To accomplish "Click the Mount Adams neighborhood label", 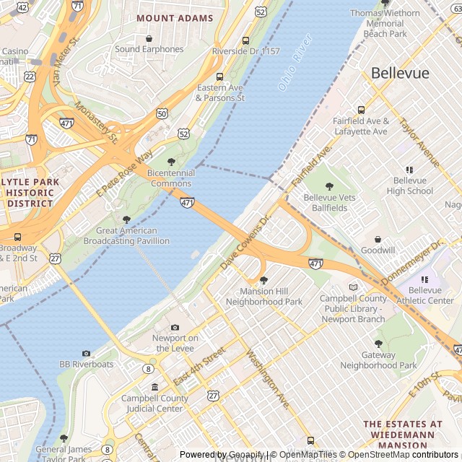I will click(175, 18).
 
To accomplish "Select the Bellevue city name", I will click(400, 74).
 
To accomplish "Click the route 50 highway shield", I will click(162, 114).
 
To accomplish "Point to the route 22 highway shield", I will click(30, 76).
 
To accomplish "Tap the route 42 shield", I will click(22, 7).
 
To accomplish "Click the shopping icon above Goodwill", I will click(378, 239).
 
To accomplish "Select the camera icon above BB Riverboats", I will click(86, 354).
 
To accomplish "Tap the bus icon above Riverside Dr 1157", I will click(245, 41).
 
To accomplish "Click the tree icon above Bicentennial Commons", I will click(171, 162).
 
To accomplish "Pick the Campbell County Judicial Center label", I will click(154, 403).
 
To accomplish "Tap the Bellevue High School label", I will click(409, 186).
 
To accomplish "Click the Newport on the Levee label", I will click(175, 342).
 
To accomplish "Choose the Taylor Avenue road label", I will click(419, 142).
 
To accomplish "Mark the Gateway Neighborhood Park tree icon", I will click(378, 344).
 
